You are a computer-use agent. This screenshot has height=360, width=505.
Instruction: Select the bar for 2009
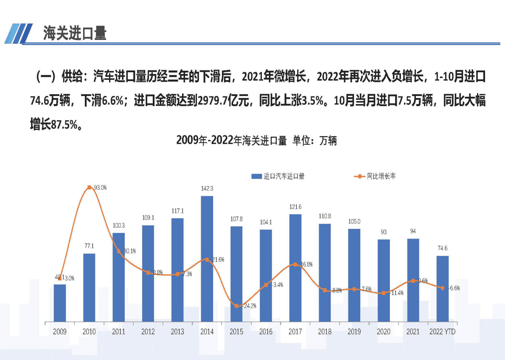coord(60,302)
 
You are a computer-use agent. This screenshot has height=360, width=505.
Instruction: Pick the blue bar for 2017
coord(295,267)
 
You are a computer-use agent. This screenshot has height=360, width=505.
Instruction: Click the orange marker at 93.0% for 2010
coord(89,187)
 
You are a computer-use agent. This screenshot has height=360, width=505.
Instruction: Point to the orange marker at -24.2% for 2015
coord(236,306)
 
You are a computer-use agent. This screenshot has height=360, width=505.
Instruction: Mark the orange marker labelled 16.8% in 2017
coord(295,264)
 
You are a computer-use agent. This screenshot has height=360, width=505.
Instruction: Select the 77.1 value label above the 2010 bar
coord(89,246)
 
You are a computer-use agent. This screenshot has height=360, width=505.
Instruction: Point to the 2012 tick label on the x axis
coord(148,332)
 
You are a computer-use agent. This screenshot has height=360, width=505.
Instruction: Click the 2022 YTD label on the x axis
coord(442,332)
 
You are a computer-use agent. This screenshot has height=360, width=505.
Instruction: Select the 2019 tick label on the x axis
coord(354,332)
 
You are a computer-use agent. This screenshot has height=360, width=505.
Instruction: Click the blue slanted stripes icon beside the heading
coord(18,33)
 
